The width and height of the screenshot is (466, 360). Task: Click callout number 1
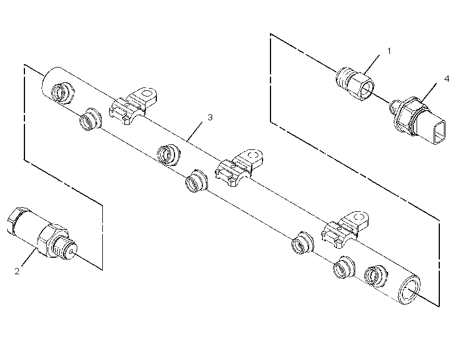(x=389, y=51)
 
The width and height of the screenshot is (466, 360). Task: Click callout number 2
(x=17, y=271)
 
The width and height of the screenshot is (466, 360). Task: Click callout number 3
(x=210, y=118)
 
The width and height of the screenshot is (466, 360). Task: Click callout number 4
(x=447, y=79)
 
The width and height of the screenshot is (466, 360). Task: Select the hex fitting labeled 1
(x=355, y=83)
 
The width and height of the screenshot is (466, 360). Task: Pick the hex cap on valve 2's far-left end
(x=14, y=220)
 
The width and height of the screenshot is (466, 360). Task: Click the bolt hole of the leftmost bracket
(x=147, y=94)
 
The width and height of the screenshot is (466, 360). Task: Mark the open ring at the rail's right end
(x=409, y=290)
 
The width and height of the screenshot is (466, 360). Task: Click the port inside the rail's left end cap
(x=61, y=93)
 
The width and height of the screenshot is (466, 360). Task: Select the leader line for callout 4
(x=428, y=92)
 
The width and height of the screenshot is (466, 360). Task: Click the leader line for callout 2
(x=28, y=258)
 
